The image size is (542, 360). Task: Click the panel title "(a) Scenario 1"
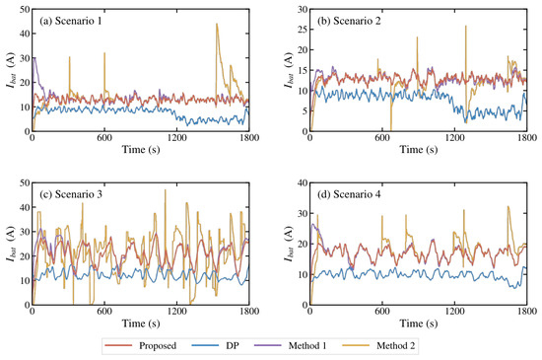point(71,21)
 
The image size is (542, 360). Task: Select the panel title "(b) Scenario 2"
point(349,21)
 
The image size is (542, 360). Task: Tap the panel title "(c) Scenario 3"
point(71,194)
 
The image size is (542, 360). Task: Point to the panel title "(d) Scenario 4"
point(349,194)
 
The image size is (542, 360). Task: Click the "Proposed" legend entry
point(141,345)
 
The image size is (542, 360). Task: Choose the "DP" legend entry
point(215,345)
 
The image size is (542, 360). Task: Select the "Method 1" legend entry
point(291,345)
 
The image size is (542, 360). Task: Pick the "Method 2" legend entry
point(378,345)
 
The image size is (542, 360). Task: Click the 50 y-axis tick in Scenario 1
point(25,9)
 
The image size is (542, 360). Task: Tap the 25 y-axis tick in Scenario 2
point(303,30)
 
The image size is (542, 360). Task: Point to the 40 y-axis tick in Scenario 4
point(303,182)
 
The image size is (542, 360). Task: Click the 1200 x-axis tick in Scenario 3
point(176,312)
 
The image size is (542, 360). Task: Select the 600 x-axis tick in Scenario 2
point(382,138)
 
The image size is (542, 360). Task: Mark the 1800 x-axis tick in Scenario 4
point(527,312)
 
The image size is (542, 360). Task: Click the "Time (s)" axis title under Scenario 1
point(141,150)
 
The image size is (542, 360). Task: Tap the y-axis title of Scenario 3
point(12,244)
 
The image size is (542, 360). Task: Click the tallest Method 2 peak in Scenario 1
point(217,24)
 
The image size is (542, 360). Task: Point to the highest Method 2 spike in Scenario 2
point(465,26)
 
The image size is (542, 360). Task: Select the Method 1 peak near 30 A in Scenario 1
point(34,58)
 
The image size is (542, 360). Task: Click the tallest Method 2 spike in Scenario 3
point(166,189)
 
